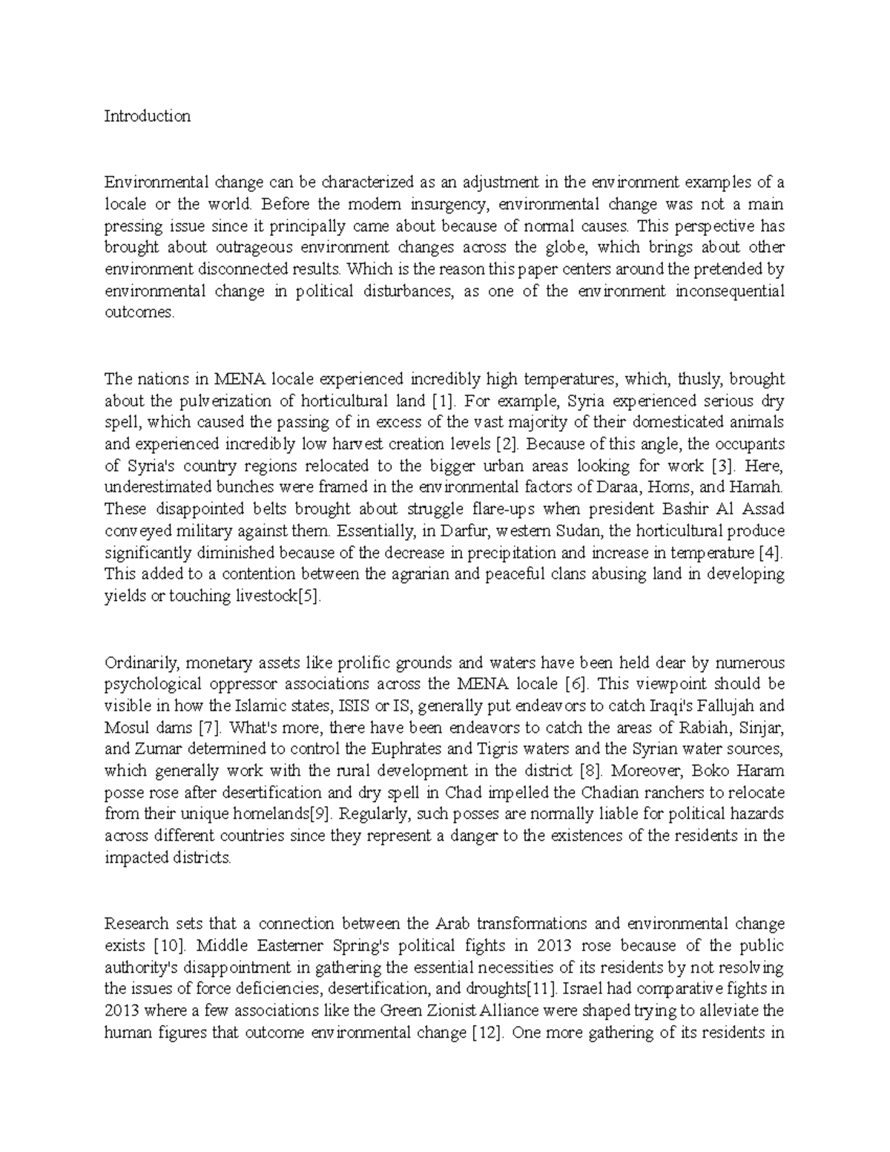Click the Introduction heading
pos(147,116)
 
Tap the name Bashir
pos(698,510)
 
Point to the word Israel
pos(586,989)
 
